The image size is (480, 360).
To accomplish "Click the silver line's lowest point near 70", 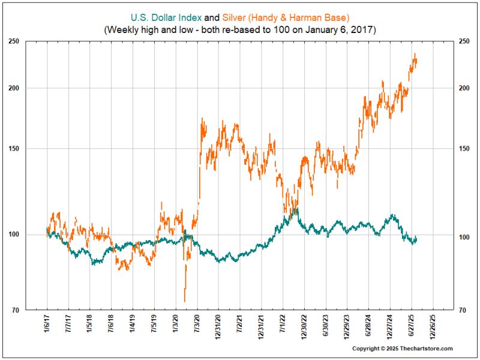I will click(x=185, y=301).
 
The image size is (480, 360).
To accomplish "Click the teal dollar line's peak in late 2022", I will click(x=295, y=210).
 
